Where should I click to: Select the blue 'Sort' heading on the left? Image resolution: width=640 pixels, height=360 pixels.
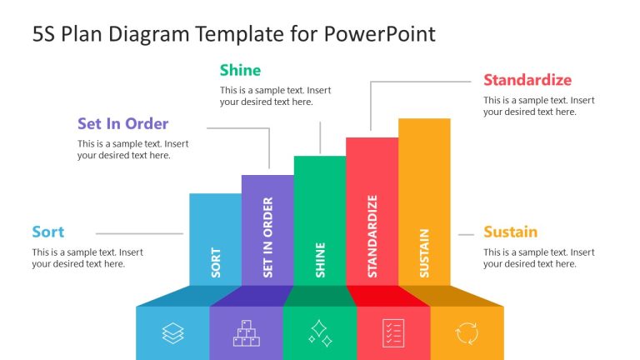click(48, 232)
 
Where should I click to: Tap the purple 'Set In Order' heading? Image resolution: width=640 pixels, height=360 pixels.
click(122, 124)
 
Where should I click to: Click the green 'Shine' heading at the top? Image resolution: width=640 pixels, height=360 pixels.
click(240, 70)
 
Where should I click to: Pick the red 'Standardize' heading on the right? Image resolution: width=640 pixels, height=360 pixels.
click(527, 80)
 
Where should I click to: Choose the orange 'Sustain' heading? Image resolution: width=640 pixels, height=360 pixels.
click(510, 232)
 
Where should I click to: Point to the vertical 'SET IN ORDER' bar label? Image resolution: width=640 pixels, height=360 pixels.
click(267, 237)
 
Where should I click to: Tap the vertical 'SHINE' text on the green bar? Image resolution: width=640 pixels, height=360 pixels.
click(320, 259)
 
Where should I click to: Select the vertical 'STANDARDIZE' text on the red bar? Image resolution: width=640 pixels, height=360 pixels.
click(372, 236)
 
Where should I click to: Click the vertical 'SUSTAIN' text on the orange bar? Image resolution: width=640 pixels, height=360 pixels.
click(424, 252)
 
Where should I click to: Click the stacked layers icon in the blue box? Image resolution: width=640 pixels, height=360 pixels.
click(172, 333)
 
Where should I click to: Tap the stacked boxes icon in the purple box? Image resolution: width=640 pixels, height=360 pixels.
click(246, 333)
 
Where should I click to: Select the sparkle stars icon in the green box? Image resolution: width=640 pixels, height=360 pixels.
click(320, 333)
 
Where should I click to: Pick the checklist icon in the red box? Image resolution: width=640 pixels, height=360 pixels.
click(393, 333)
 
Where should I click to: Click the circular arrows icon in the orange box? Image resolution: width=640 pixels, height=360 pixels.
click(467, 333)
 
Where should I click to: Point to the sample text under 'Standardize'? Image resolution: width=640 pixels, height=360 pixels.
click(538, 106)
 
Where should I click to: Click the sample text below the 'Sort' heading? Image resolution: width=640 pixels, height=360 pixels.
click(87, 257)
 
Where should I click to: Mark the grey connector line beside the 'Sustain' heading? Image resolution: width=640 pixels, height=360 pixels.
click(466, 234)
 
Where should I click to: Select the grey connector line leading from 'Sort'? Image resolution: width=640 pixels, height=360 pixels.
click(139, 234)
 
